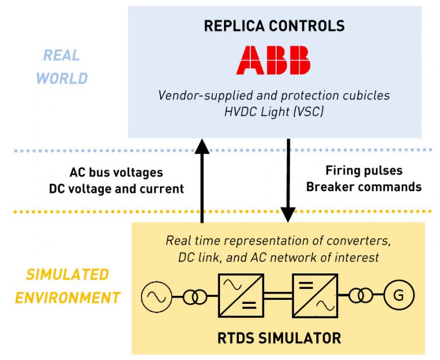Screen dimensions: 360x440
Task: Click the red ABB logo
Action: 273,60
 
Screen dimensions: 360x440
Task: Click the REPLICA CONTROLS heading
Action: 274,26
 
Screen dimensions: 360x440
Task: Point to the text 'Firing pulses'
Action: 364,170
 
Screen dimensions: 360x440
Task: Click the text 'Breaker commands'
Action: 364,187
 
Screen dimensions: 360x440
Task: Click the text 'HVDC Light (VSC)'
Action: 274,111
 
